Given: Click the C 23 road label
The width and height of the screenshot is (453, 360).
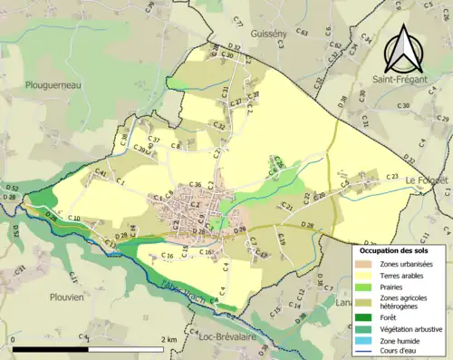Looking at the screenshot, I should click(x=391, y=176).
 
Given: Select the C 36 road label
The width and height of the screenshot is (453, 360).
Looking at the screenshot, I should click(x=197, y=185).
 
